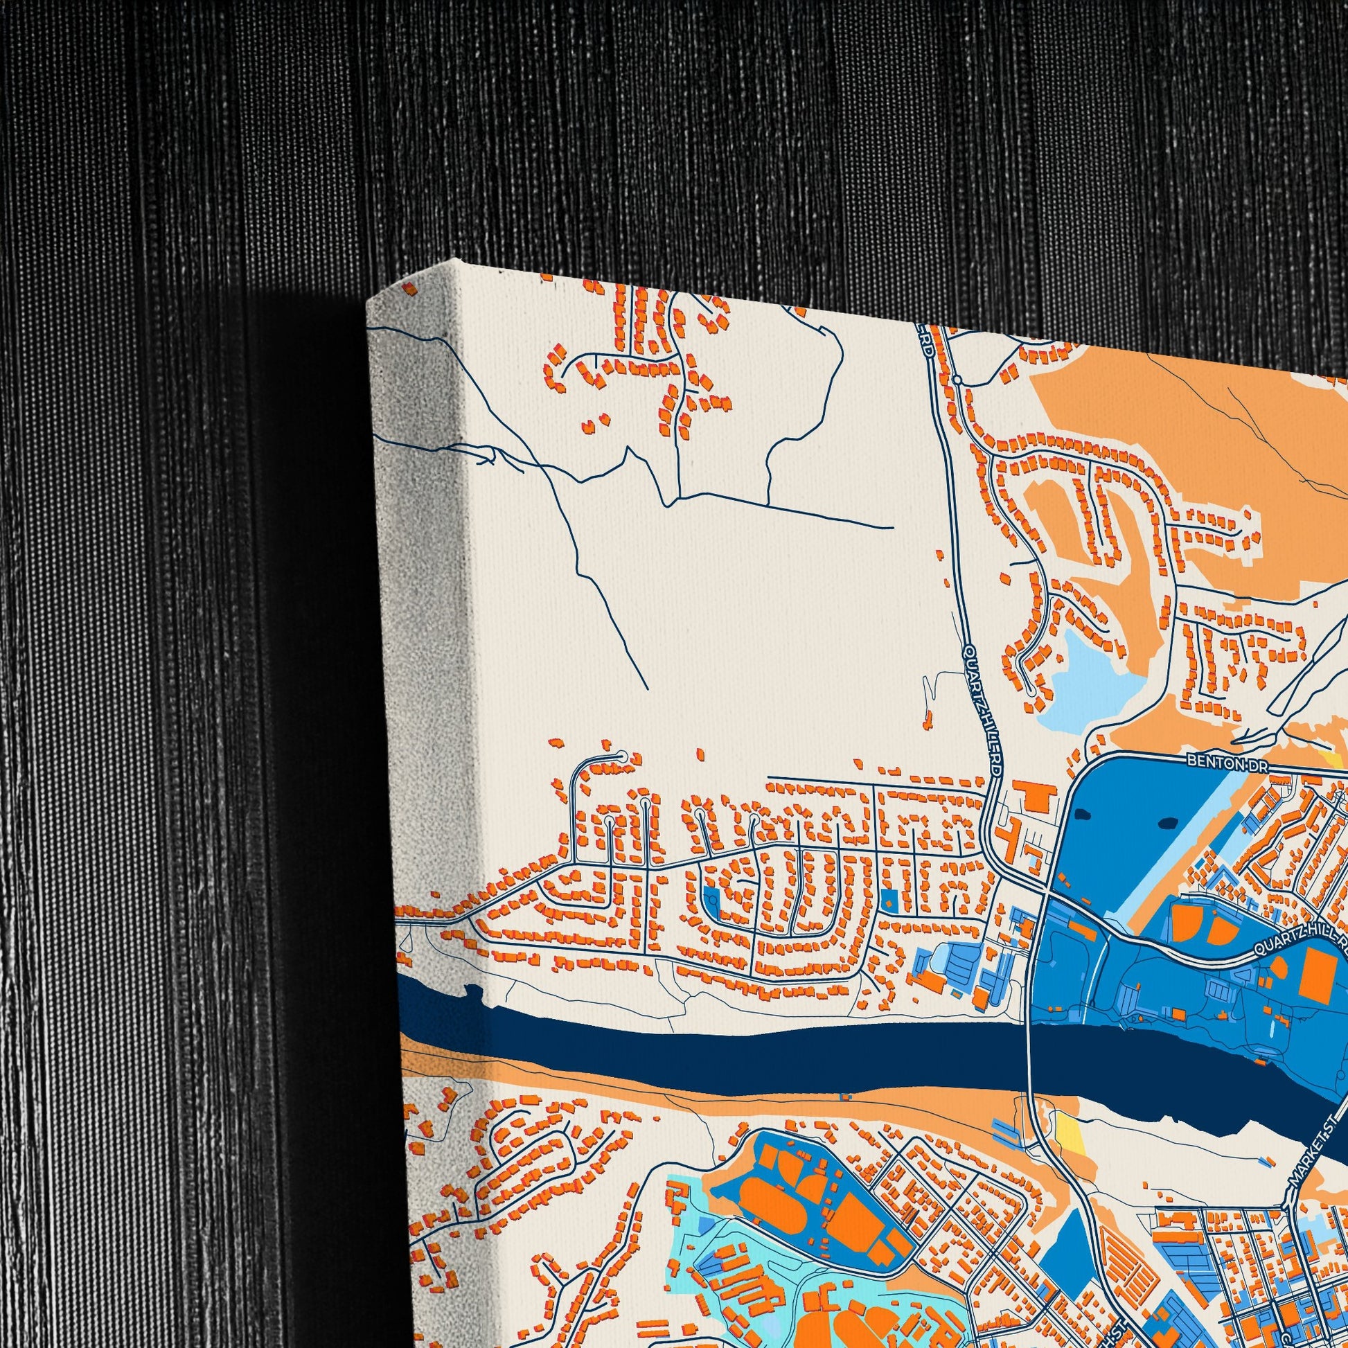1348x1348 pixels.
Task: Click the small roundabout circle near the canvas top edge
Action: click(x=959, y=380)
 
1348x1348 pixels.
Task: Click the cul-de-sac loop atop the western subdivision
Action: click(x=618, y=756)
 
